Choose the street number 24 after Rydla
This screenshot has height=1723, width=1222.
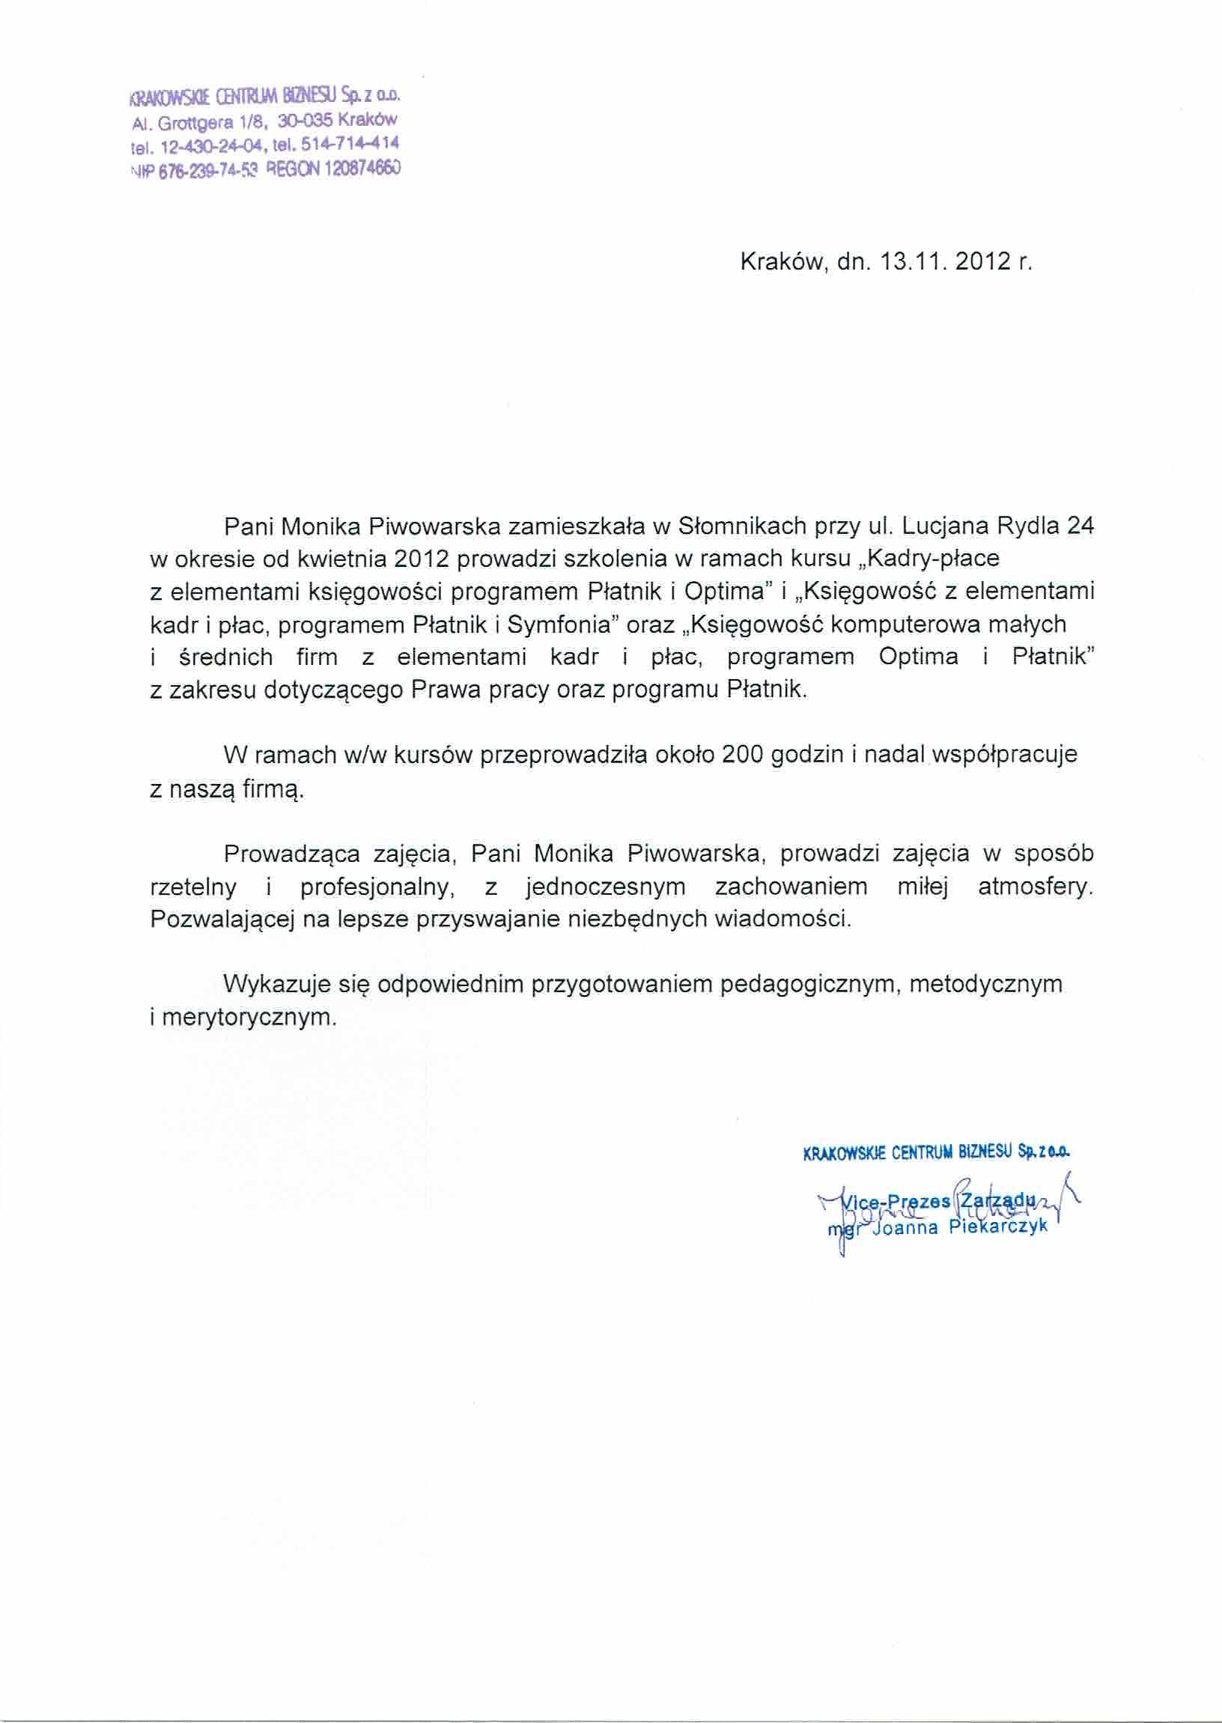1080,526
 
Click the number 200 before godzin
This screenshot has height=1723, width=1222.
743,755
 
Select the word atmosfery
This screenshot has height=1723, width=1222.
1035,887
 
